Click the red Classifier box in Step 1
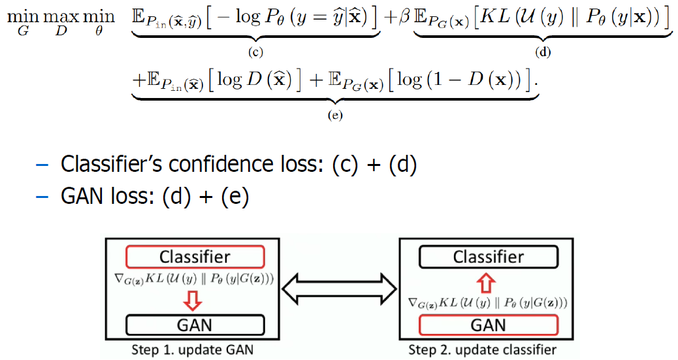tap(195, 257)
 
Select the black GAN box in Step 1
tap(195, 324)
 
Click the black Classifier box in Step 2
tap(488, 257)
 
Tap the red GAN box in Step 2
tap(488, 324)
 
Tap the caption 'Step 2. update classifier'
tap(487, 350)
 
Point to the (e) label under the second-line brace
tap(335, 116)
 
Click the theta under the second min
tap(99, 31)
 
